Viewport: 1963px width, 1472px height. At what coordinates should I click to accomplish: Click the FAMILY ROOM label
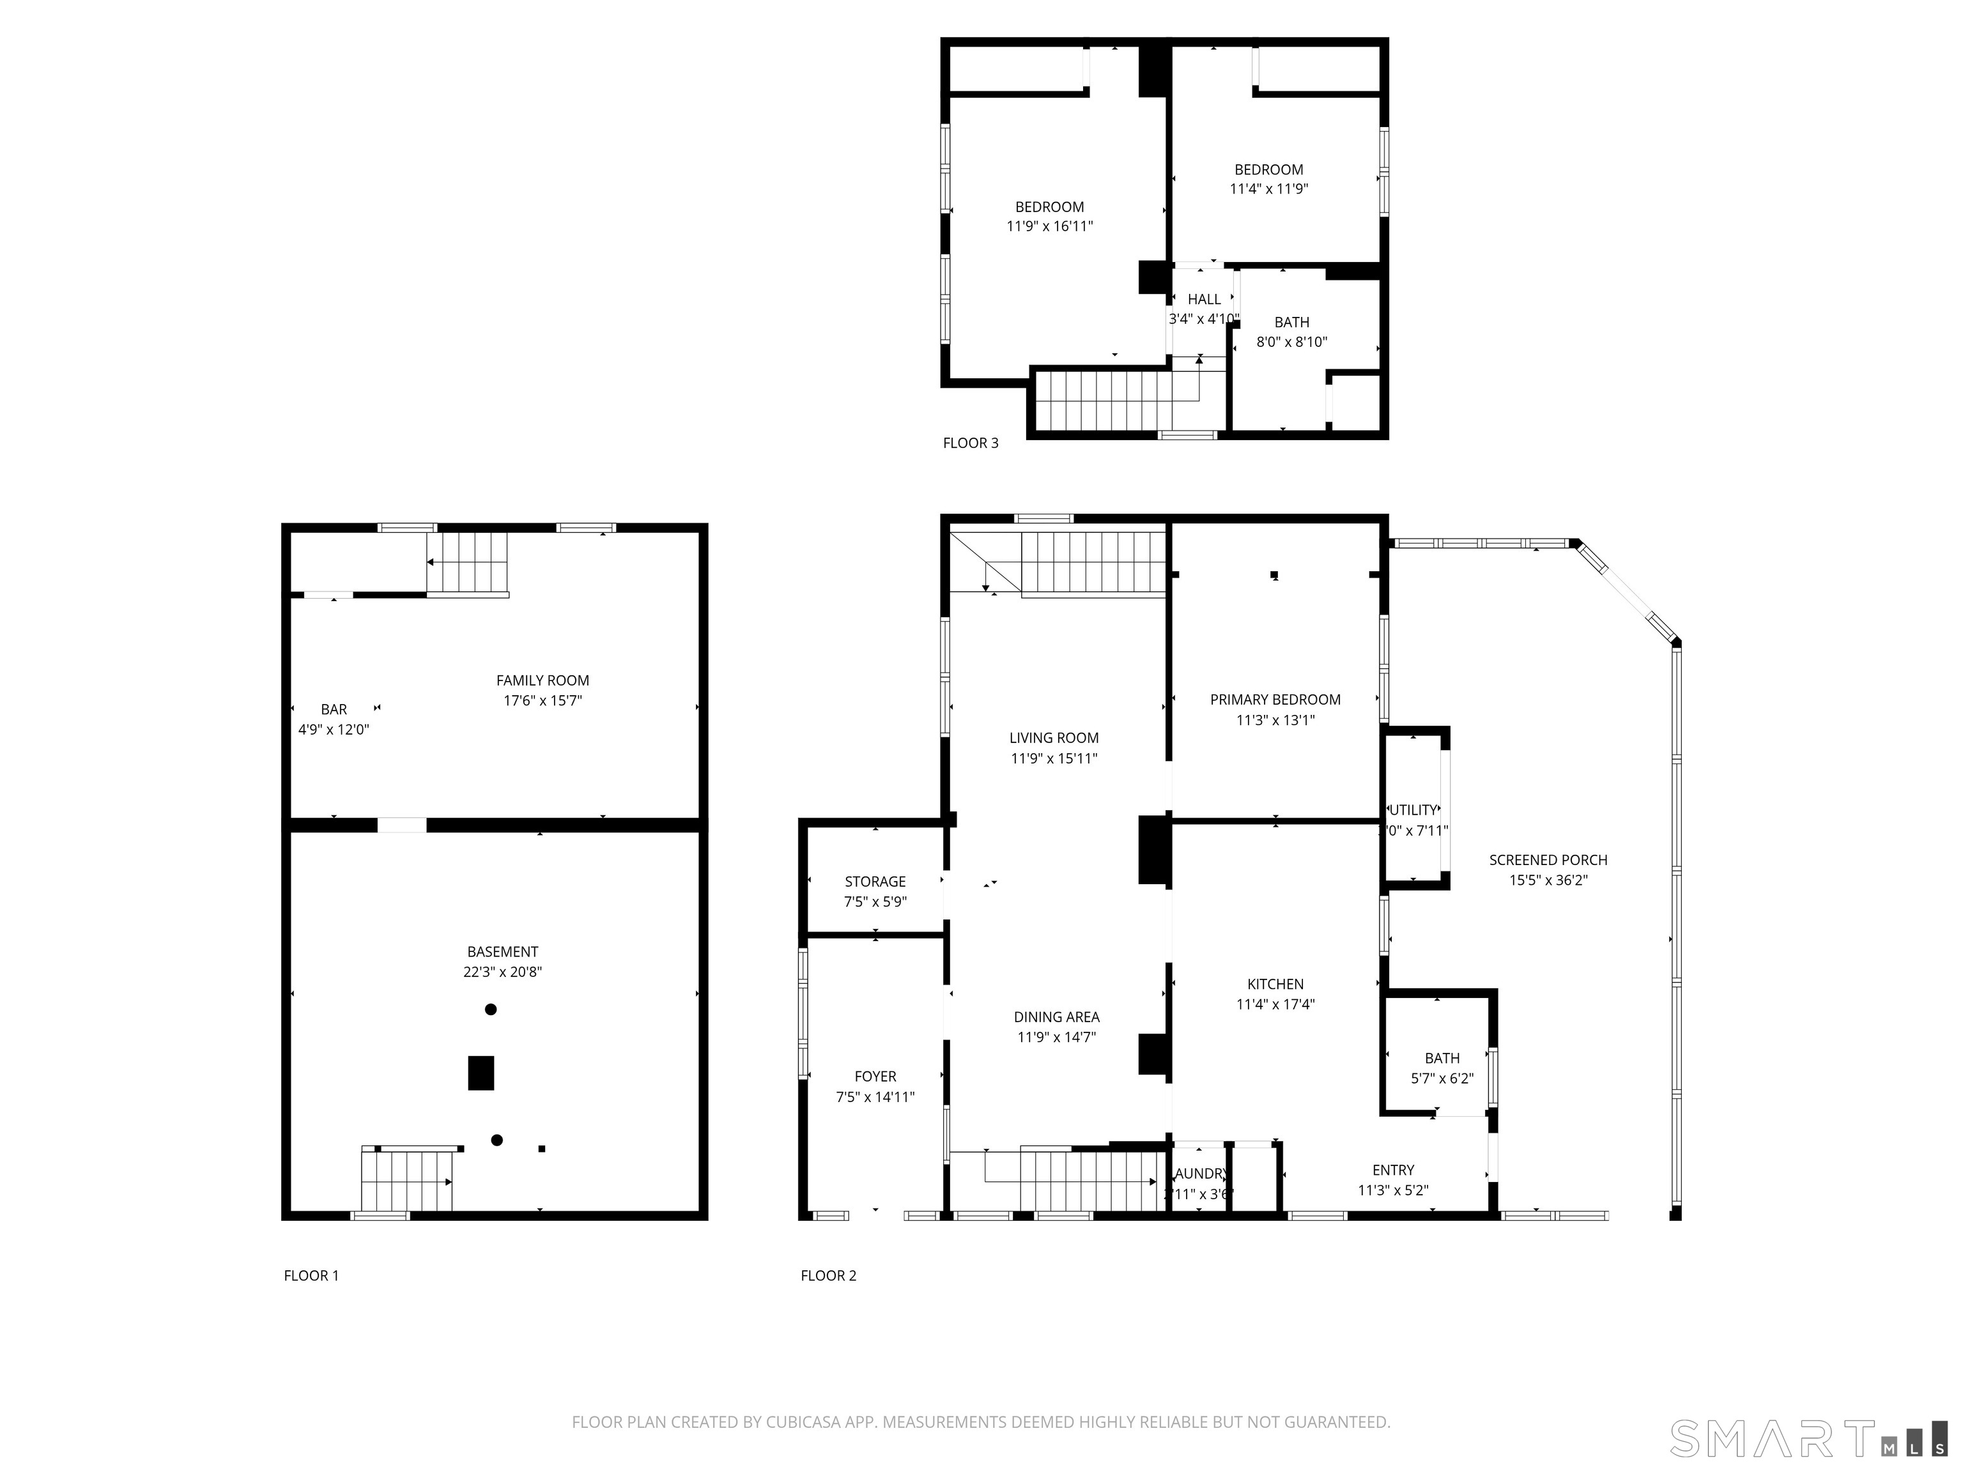click(543, 680)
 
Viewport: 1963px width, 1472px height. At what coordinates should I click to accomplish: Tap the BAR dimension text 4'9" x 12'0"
click(334, 730)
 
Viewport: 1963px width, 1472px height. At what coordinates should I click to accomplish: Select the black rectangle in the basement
click(481, 1072)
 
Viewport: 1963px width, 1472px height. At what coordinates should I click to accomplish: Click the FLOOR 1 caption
click(311, 1275)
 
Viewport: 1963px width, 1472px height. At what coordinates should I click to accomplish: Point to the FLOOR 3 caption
click(970, 443)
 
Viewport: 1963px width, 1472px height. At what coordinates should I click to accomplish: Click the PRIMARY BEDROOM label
click(1274, 699)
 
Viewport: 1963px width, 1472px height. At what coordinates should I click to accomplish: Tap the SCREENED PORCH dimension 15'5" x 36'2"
click(1548, 880)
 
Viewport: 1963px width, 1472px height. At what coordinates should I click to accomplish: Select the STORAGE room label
click(875, 881)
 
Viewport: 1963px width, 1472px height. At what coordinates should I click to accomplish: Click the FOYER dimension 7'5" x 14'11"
click(875, 1097)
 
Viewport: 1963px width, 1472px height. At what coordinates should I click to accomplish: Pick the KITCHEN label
click(1275, 984)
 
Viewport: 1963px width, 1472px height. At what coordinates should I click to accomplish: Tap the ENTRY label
click(1392, 1170)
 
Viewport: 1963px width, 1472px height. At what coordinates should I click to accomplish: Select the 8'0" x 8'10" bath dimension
click(1291, 342)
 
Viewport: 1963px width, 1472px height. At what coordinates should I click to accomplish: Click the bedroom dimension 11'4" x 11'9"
click(1268, 189)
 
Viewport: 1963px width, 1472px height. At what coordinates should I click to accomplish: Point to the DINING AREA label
click(1056, 1017)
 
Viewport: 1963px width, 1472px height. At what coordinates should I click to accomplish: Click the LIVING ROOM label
click(1053, 737)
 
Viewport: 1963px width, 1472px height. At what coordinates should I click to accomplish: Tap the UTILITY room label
click(1413, 810)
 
